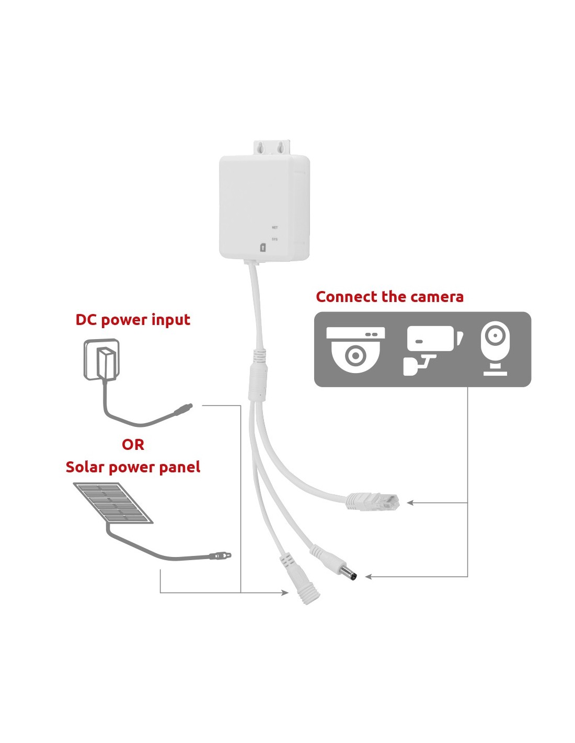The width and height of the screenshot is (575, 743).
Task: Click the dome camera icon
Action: click(355, 349)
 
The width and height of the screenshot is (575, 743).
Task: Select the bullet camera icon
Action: click(433, 349)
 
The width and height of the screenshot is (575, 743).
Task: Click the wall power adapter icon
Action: click(102, 359)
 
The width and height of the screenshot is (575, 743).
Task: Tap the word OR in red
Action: click(133, 445)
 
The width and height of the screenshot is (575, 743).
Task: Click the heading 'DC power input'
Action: click(133, 320)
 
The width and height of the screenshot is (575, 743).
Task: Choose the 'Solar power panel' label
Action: click(133, 467)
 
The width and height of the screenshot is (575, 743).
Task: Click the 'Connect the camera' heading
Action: click(389, 297)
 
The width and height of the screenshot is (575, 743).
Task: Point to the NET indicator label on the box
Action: click(275, 227)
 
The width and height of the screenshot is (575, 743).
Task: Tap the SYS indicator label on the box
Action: click(275, 239)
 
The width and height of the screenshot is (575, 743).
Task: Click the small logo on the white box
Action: click(263, 248)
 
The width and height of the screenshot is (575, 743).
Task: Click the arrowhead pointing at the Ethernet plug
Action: click(410, 503)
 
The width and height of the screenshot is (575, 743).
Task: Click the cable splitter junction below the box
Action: click(257, 376)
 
